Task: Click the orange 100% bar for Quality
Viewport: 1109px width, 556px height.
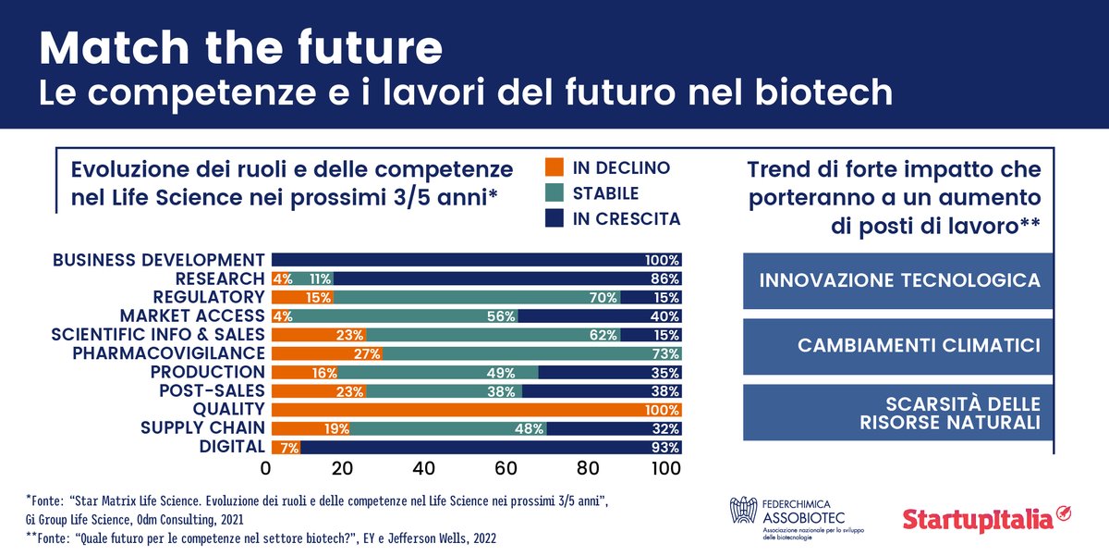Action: coord(475,409)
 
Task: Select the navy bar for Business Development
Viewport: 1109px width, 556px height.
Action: coord(475,260)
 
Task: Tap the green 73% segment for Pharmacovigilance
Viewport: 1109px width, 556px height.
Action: coord(530,353)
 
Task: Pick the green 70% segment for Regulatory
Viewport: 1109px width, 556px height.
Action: coord(475,297)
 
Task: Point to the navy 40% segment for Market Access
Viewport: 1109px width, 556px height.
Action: coord(601,316)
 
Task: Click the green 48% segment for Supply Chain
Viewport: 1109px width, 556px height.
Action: coord(449,428)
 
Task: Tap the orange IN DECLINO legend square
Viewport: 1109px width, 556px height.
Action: coord(554,168)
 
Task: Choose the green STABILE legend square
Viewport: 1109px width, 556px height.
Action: coord(554,194)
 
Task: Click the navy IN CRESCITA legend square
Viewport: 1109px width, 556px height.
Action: coord(554,219)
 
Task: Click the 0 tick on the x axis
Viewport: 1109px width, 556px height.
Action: coord(266,468)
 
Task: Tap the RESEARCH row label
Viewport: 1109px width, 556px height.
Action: coord(220,278)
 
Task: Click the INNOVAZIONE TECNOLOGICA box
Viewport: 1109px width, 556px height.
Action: coord(898,280)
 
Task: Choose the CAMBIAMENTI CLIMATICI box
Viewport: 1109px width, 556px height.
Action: coord(898,346)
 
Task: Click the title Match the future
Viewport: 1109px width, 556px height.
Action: coord(240,48)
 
